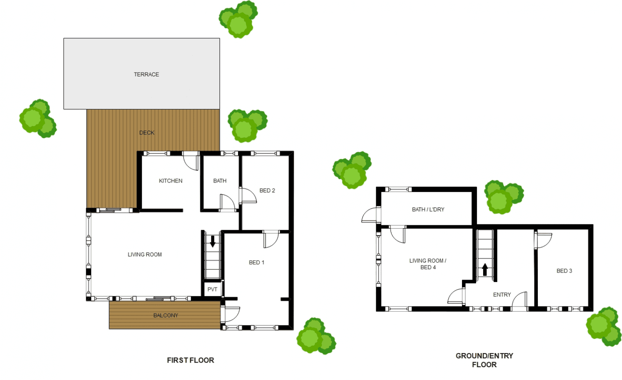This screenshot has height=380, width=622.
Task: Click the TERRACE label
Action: (x=146, y=74)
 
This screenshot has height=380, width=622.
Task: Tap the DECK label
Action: (x=147, y=133)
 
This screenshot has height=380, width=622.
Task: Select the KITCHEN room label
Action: (x=170, y=181)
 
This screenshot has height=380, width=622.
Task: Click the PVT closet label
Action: (x=212, y=290)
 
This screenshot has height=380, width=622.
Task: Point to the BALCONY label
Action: (x=165, y=315)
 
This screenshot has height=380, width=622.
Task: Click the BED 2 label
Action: (x=267, y=190)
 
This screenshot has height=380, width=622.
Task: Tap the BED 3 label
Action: (x=564, y=271)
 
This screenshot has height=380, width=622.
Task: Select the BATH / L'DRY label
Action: (x=428, y=209)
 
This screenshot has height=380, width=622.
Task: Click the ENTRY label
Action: (x=502, y=295)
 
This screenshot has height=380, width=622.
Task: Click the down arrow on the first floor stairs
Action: (x=213, y=241)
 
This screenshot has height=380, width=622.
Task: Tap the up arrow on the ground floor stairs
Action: (x=485, y=270)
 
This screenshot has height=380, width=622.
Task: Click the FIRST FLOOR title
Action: (x=190, y=360)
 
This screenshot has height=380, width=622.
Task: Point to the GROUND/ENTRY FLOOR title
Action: (x=484, y=360)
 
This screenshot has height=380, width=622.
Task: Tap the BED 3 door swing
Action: (x=543, y=240)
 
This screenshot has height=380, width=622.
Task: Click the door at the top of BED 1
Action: (x=271, y=239)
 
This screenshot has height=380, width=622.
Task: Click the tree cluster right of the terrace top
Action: (x=238, y=19)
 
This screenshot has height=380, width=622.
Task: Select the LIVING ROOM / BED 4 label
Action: (x=428, y=264)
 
